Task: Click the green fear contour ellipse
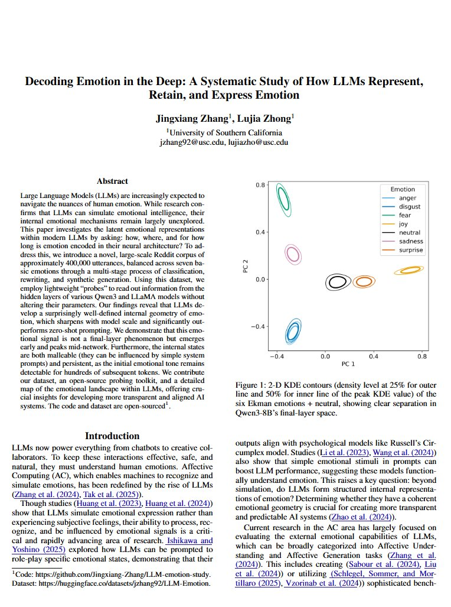coord(285,200)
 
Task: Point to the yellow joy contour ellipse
coord(411,270)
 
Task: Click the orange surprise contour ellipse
coord(365,282)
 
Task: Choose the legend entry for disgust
coord(409,206)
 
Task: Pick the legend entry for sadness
coord(411,241)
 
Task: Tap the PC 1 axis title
coord(348,364)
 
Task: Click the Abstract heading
coord(112,181)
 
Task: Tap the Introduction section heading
coord(112,436)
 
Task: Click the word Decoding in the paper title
coord(52,82)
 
